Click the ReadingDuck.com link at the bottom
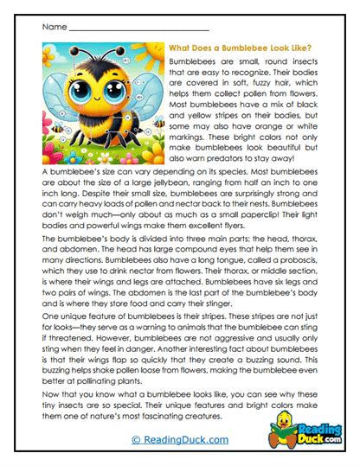(x=180, y=440)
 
